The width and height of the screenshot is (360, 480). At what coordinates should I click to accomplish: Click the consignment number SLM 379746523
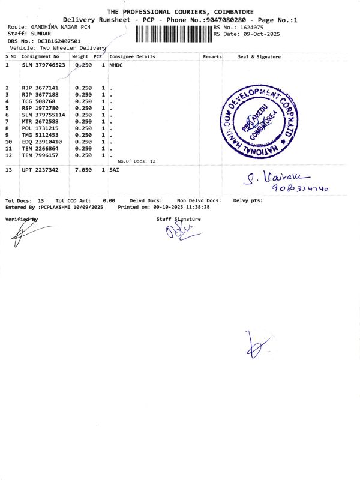point(43,64)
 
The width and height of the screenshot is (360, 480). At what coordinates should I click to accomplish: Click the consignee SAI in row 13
point(114,170)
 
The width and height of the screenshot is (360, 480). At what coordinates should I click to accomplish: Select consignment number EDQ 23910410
point(41,142)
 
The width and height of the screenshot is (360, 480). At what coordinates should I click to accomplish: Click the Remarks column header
point(212,56)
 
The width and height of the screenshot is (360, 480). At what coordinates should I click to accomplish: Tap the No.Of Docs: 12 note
point(136,161)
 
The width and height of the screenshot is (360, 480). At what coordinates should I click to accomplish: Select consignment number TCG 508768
point(38,101)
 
